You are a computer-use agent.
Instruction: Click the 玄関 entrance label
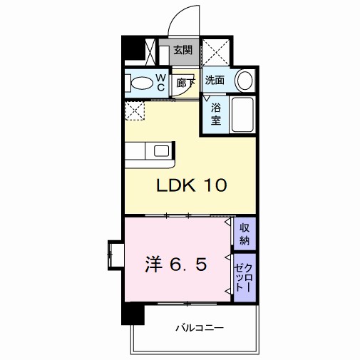click(182, 50)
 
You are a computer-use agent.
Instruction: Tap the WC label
click(161, 82)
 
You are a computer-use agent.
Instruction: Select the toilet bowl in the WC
click(142, 83)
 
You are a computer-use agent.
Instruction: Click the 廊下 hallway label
click(186, 83)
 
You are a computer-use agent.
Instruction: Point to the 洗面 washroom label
click(215, 81)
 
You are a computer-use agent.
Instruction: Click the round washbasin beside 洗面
click(244, 81)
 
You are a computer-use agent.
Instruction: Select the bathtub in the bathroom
click(242, 115)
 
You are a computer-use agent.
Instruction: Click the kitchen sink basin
click(161, 151)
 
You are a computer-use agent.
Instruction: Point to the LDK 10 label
click(192, 185)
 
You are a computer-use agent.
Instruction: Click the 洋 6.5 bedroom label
click(176, 264)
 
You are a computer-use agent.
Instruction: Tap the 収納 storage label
click(245, 234)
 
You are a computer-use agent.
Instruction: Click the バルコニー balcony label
click(200, 328)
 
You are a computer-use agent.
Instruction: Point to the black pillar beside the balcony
click(133, 314)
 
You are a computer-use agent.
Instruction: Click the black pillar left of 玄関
click(133, 48)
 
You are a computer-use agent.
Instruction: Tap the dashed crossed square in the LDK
click(135, 110)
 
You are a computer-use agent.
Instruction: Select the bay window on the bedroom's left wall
click(116, 255)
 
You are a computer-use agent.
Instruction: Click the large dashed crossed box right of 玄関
click(216, 52)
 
